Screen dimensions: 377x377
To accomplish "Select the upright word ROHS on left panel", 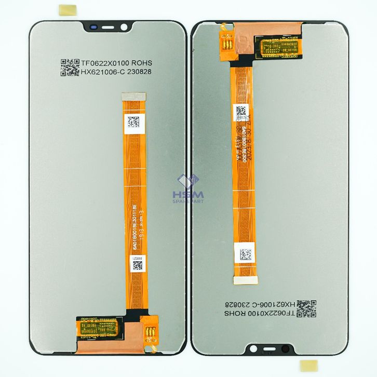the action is point(142,63).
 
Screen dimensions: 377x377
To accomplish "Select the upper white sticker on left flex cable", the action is point(133,123).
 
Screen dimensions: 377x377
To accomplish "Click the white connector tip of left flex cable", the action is point(133,96).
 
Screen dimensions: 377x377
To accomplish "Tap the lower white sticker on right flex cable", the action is point(246,254).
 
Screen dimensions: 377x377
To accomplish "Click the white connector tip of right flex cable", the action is point(246,280).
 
